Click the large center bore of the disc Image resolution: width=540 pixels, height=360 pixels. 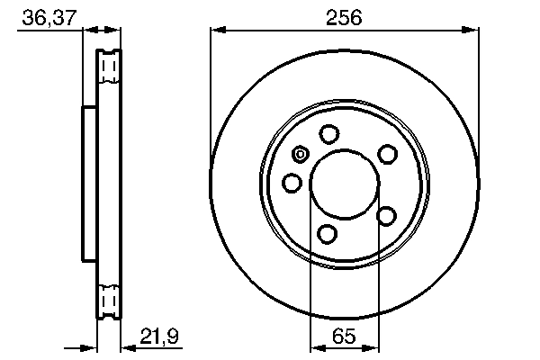pyautogui.click(x=344, y=184)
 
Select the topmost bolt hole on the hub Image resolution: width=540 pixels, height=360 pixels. pyautogui.click(x=328, y=134)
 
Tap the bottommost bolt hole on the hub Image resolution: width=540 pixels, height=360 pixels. pyautogui.click(x=328, y=235)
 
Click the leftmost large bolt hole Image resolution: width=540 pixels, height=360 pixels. pyautogui.click(x=292, y=184)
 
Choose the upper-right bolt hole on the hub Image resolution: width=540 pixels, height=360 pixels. pyautogui.click(x=387, y=154)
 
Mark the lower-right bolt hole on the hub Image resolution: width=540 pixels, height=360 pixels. pyautogui.click(x=387, y=215)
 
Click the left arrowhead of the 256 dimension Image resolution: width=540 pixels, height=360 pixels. pyautogui.click(x=216, y=31)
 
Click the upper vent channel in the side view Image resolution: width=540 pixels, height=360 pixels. pyautogui.click(x=108, y=67)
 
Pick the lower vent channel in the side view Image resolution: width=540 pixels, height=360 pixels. pyautogui.click(x=108, y=299)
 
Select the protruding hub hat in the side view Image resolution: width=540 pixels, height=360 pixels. pyautogui.click(x=88, y=184)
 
